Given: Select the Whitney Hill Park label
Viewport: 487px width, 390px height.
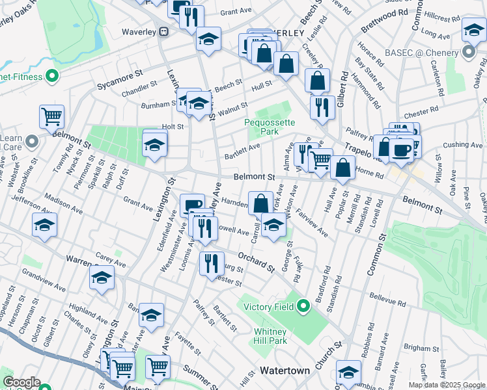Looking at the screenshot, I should click(x=270, y=336).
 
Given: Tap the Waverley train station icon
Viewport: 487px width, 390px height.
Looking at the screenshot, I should click(x=164, y=31).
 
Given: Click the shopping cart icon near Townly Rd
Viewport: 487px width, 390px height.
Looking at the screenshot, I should click(x=52, y=118).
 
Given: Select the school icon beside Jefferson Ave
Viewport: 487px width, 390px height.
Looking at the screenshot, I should click(x=44, y=226).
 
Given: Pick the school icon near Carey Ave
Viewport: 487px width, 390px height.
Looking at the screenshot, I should click(x=102, y=278).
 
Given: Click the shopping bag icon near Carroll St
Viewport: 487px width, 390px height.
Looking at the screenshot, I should click(x=260, y=202).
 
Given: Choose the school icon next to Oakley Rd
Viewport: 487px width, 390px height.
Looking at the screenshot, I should click(x=473, y=30).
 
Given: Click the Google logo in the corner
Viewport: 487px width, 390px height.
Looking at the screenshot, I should click(x=21, y=382).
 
